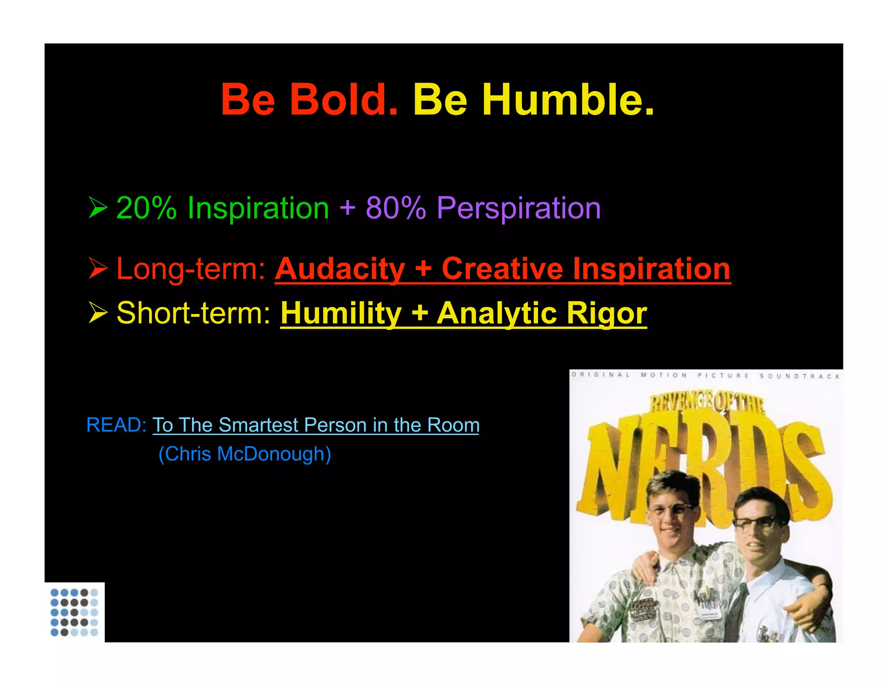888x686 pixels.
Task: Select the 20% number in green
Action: pos(147,208)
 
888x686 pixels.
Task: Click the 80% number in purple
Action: pos(396,208)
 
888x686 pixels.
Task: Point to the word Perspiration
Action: pos(519,209)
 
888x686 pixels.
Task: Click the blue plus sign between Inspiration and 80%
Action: pos(347,208)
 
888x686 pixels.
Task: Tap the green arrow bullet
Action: pos(98,207)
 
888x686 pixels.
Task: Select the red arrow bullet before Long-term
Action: pos(98,268)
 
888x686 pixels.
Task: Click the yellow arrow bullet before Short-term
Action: pos(98,312)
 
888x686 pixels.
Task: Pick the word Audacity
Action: pos(340,269)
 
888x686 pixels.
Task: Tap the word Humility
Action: pos(341,313)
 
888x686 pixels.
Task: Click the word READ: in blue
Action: pos(116,425)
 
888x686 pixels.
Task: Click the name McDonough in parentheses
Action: pos(274,454)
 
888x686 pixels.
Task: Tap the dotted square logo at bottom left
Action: pos(74,612)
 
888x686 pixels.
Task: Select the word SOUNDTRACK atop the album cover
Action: pos(799,376)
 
